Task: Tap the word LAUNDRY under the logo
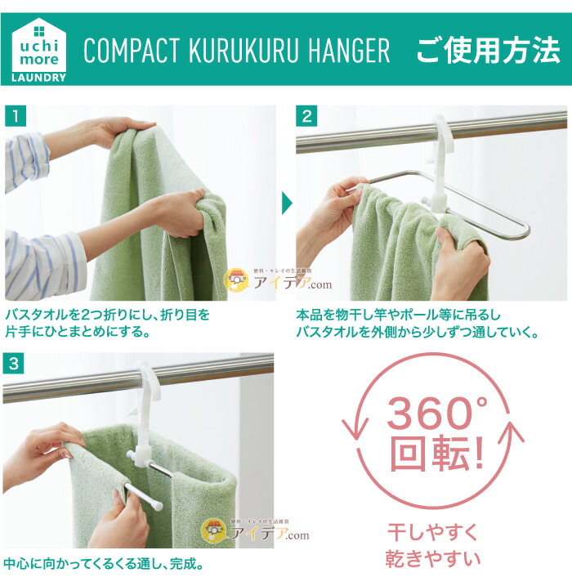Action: coord(39,78)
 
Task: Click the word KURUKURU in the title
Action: coord(244,50)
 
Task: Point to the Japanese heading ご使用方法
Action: coord(488,50)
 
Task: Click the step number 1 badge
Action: coord(16,116)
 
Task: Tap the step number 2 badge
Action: coord(306,116)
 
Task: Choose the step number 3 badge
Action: coord(13,363)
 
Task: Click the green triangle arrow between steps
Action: coord(287,203)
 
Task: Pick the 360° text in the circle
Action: coord(436,414)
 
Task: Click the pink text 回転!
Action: coord(436,453)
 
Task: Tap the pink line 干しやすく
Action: coord(432,532)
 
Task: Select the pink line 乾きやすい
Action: coord(432,558)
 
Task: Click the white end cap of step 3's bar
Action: coord(157,505)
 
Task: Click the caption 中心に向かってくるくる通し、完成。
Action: coord(104,564)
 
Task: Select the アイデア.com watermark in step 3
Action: coord(256,530)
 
